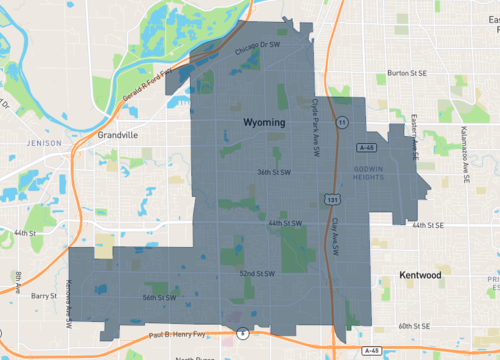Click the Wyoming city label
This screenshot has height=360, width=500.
264,121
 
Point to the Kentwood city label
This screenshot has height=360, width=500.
419,274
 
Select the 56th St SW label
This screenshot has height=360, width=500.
159,297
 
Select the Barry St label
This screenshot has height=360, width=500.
44,296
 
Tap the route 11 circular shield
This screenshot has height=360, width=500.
342,122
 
